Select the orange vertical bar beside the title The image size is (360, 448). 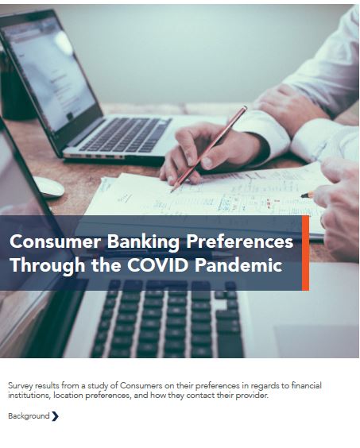coord(305,253)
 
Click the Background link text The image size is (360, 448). coord(29,416)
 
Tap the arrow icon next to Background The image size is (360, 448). coord(55,416)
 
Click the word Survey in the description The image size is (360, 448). coord(20,385)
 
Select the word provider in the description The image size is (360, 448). coord(252,395)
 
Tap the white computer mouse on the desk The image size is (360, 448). coord(47,187)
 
